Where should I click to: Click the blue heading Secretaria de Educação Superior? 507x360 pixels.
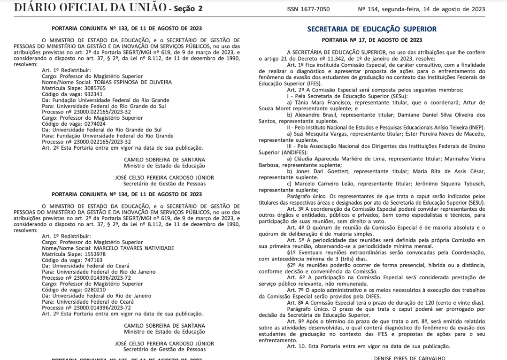click(x=372, y=29)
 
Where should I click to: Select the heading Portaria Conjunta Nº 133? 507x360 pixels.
click(x=127, y=28)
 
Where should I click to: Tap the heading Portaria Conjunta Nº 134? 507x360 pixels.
click(x=127, y=194)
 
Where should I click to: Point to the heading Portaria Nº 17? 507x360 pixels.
click(x=372, y=40)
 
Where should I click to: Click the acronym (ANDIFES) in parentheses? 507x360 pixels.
click(x=294, y=153)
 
